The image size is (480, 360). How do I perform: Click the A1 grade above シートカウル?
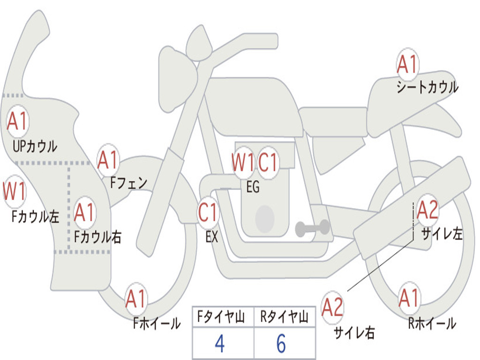click(x=407, y=65)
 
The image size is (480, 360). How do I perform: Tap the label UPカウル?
click(x=35, y=146)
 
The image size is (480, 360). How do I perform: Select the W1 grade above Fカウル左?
click(x=14, y=192)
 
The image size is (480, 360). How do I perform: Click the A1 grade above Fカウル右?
click(x=84, y=212)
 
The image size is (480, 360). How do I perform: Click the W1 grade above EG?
click(x=243, y=162)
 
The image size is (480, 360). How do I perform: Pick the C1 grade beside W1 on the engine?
click(x=268, y=162)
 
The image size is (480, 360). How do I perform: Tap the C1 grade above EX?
click(x=208, y=212)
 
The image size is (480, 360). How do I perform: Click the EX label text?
click(x=212, y=237)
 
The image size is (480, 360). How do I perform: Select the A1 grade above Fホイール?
click(x=135, y=299)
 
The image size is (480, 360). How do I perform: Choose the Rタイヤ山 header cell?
click(x=285, y=316)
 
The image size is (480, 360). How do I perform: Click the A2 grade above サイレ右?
click(x=332, y=307)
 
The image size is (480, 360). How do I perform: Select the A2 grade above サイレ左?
click(x=427, y=210)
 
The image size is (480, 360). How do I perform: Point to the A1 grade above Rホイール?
click(x=409, y=298)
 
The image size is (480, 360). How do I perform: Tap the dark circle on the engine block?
click(x=265, y=218)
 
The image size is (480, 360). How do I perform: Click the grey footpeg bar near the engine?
click(x=312, y=228)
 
